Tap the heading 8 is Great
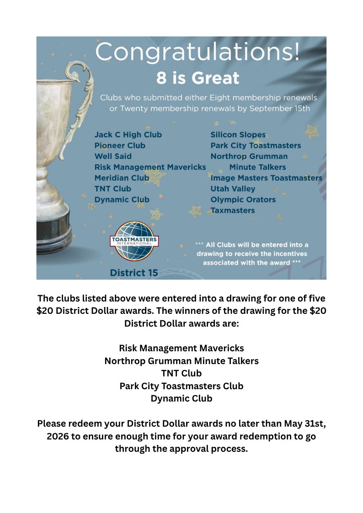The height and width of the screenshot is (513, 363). coord(198,78)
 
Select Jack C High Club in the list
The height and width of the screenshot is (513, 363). coord(128,135)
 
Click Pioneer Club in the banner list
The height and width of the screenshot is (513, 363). coord(120,146)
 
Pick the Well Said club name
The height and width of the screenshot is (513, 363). coord(113,156)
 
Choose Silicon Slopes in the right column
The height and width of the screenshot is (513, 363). coord(238,135)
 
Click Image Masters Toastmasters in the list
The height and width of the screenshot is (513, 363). coord(266,178)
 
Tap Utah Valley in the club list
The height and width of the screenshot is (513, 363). coord(233,189)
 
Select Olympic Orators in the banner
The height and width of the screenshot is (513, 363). coord(243,200)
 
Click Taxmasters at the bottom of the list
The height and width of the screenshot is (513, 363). coord(233,211)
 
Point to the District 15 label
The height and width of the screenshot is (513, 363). coord(134,273)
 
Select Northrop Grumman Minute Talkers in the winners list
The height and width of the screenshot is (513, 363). coord(181,361)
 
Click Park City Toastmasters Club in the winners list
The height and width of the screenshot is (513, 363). coord(181,386)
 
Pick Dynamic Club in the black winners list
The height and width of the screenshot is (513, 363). coord(181,398)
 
